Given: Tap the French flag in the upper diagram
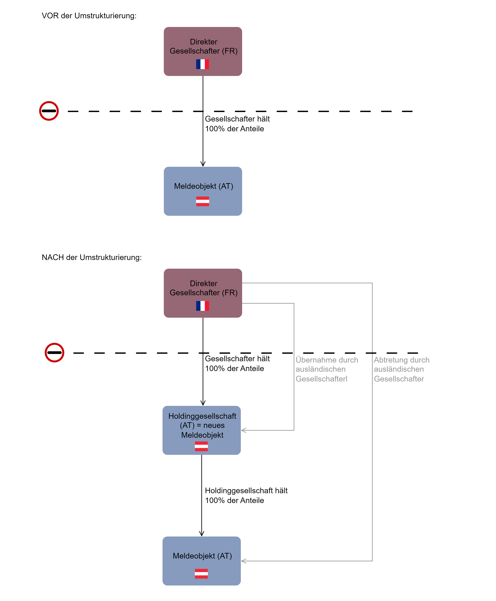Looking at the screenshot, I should pyautogui.click(x=203, y=64).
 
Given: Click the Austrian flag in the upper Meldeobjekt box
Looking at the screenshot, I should pyautogui.click(x=203, y=201).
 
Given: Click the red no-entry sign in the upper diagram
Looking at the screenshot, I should pyautogui.click(x=49, y=111).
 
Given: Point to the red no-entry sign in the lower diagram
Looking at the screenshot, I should pyautogui.click(x=54, y=352).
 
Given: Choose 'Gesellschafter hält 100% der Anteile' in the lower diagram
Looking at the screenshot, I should pyautogui.click(x=237, y=363).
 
